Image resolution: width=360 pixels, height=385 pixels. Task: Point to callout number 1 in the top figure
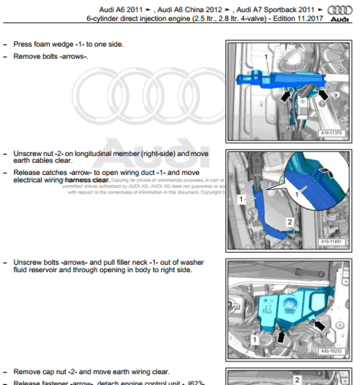(266, 56)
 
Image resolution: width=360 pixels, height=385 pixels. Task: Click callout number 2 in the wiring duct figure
(289, 222)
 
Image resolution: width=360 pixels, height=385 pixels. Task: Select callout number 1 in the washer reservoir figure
(256, 338)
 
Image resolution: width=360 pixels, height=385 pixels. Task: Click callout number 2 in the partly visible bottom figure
(296, 377)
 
